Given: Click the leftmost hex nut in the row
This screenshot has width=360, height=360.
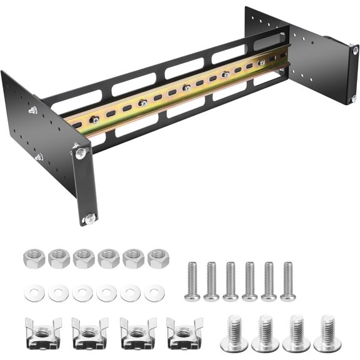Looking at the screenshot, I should (32, 257).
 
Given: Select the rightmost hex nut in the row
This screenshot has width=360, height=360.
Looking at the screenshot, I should (158, 257).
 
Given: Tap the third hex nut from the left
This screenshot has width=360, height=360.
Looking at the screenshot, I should (83, 257).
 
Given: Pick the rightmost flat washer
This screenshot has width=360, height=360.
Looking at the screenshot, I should (154, 292).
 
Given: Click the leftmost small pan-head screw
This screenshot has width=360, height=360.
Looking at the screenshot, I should (192, 280).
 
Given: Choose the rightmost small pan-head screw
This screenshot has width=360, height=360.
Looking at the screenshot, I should (287, 280).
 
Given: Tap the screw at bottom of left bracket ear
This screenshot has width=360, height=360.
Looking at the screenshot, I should (90, 217).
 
